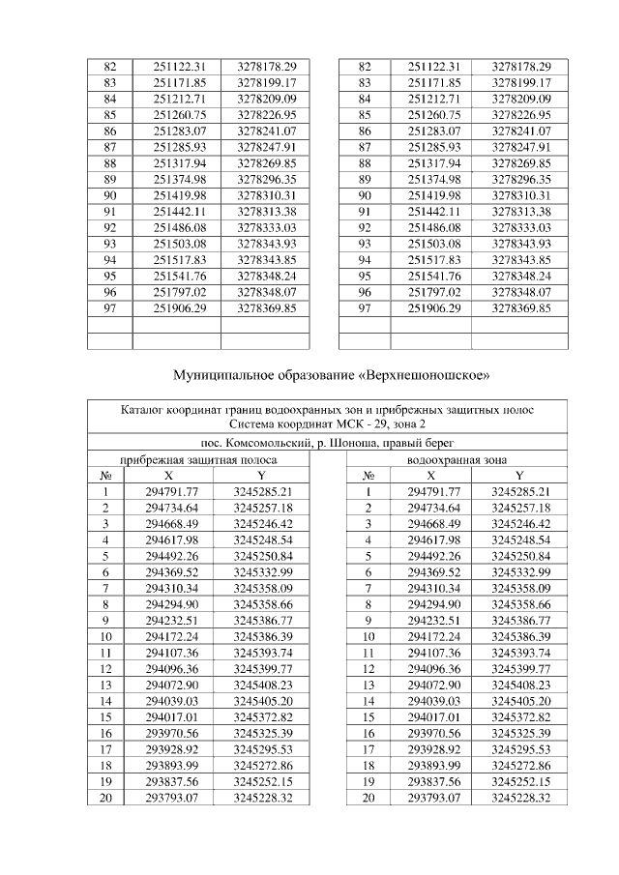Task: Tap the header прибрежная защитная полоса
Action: coord(198,459)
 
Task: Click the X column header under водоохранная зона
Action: coord(430,476)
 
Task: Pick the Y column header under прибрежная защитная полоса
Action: coord(261,476)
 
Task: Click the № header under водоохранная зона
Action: coord(368,476)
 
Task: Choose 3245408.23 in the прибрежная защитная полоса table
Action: coord(262,668)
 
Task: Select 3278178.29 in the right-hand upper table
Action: coord(520,67)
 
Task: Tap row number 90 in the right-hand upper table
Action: coord(365,194)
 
